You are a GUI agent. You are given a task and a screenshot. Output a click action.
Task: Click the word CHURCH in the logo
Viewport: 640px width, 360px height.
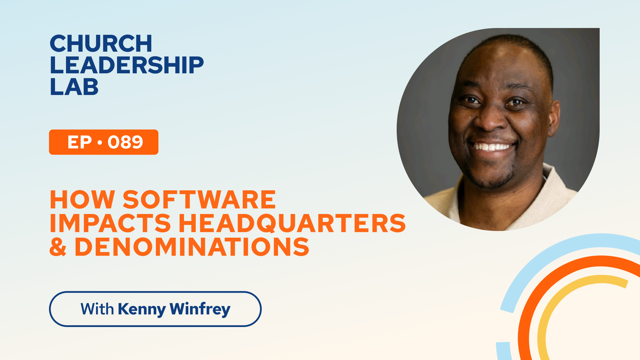pyautogui.click(x=101, y=44)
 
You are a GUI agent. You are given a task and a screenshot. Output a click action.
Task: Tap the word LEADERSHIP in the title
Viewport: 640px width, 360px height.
pyautogui.click(x=127, y=65)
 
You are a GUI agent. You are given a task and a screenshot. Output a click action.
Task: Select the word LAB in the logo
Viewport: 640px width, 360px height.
pyautogui.click(x=74, y=87)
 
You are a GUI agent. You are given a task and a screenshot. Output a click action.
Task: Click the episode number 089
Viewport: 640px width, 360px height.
pyautogui.click(x=125, y=142)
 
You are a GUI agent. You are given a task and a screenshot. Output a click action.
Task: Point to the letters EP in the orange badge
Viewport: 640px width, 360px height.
pyautogui.click(x=80, y=142)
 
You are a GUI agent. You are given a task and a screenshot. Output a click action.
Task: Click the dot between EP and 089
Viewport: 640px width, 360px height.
pyautogui.click(x=100, y=143)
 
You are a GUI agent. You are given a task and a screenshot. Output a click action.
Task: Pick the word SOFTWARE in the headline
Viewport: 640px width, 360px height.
pyautogui.click(x=199, y=200)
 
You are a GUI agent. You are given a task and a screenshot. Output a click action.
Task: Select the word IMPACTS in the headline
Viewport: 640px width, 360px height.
pyautogui.click(x=110, y=223)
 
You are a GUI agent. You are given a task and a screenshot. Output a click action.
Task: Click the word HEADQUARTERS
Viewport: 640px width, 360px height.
pyautogui.click(x=292, y=224)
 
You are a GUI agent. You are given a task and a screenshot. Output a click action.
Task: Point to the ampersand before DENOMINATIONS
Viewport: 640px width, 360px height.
pyautogui.click(x=58, y=247)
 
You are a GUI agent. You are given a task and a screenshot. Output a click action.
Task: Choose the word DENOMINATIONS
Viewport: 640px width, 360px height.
pyautogui.click(x=192, y=247)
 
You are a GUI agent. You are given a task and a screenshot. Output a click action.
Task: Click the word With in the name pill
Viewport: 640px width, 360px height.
pyautogui.click(x=97, y=309)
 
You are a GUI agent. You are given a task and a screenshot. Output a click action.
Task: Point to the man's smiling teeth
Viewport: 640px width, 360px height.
pyautogui.click(x=493, y=147)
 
